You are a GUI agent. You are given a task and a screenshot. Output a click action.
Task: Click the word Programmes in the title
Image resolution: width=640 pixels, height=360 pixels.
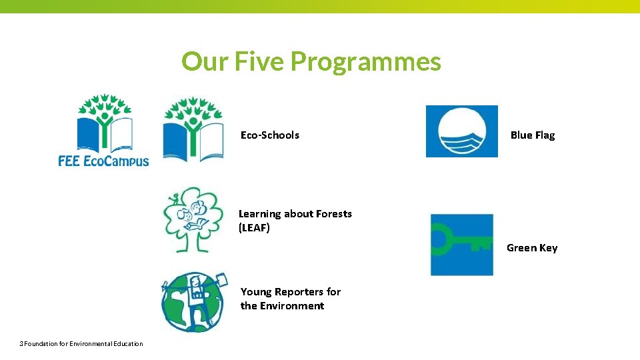click(365, 61)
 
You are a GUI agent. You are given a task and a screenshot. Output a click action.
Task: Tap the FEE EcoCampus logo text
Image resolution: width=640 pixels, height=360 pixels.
click(103, 161)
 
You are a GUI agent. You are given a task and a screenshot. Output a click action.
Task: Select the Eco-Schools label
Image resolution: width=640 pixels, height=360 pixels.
click(270, 135)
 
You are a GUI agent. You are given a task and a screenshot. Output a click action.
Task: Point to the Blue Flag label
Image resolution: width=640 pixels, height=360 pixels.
click(532, 135)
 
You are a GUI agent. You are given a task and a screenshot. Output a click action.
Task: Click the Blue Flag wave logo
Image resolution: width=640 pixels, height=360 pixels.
click(461, 131)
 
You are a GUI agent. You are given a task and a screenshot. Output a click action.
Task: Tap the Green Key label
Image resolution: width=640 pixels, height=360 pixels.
click(532, 248)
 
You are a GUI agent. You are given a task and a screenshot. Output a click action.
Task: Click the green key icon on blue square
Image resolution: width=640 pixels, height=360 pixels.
click(461, 244)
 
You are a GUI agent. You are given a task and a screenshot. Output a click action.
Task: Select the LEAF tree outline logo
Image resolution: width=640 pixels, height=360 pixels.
click(192, 219)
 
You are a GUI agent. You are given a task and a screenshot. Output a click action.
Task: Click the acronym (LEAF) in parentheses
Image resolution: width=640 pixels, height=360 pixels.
click(254, 228)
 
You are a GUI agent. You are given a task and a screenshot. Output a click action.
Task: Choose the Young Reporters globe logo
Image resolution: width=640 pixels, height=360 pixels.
click(193, 302)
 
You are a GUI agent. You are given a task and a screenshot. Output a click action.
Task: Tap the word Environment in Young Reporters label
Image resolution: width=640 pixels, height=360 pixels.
click(292, 306)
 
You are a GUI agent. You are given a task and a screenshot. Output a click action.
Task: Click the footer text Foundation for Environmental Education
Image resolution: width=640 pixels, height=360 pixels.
click(83, 344)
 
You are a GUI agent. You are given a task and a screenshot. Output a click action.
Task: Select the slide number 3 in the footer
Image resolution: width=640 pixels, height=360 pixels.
click(21, 344)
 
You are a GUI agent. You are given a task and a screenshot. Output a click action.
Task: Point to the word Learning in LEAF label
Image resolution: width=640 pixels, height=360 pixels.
click(259, 214)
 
